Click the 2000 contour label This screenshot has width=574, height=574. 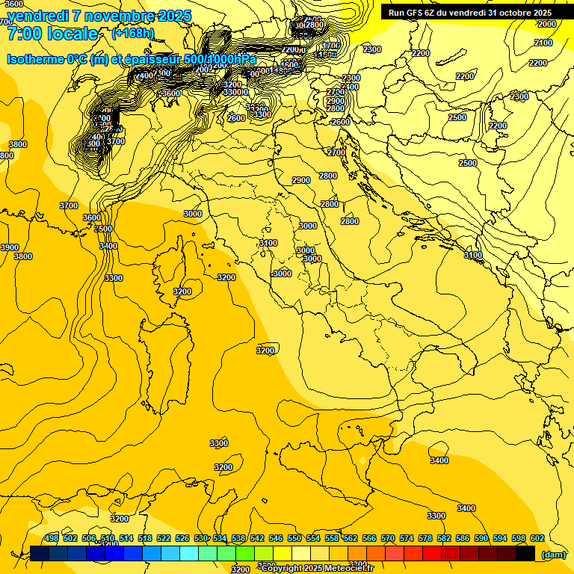coord(546,24)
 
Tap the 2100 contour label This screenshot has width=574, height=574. coord(543,43)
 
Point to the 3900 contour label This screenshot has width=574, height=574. coord(9,247)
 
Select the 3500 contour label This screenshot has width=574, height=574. coord(104,229)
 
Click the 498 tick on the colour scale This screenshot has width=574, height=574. coord(52,538)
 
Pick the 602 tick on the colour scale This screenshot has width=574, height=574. coord(537,538)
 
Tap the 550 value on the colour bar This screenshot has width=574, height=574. coord(294,538)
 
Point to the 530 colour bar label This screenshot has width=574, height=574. coord(201,538)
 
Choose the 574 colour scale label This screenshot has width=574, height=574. coord(407,538)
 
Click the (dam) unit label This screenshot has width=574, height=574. coord(553,554)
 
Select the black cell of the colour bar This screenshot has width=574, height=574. coord(525,554)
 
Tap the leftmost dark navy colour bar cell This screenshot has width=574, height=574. coord(40,554)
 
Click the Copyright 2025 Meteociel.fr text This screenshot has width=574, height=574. coord(317,568)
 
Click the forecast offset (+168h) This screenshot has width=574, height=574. coord(132,34)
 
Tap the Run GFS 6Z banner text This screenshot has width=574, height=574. coord(470,13)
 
